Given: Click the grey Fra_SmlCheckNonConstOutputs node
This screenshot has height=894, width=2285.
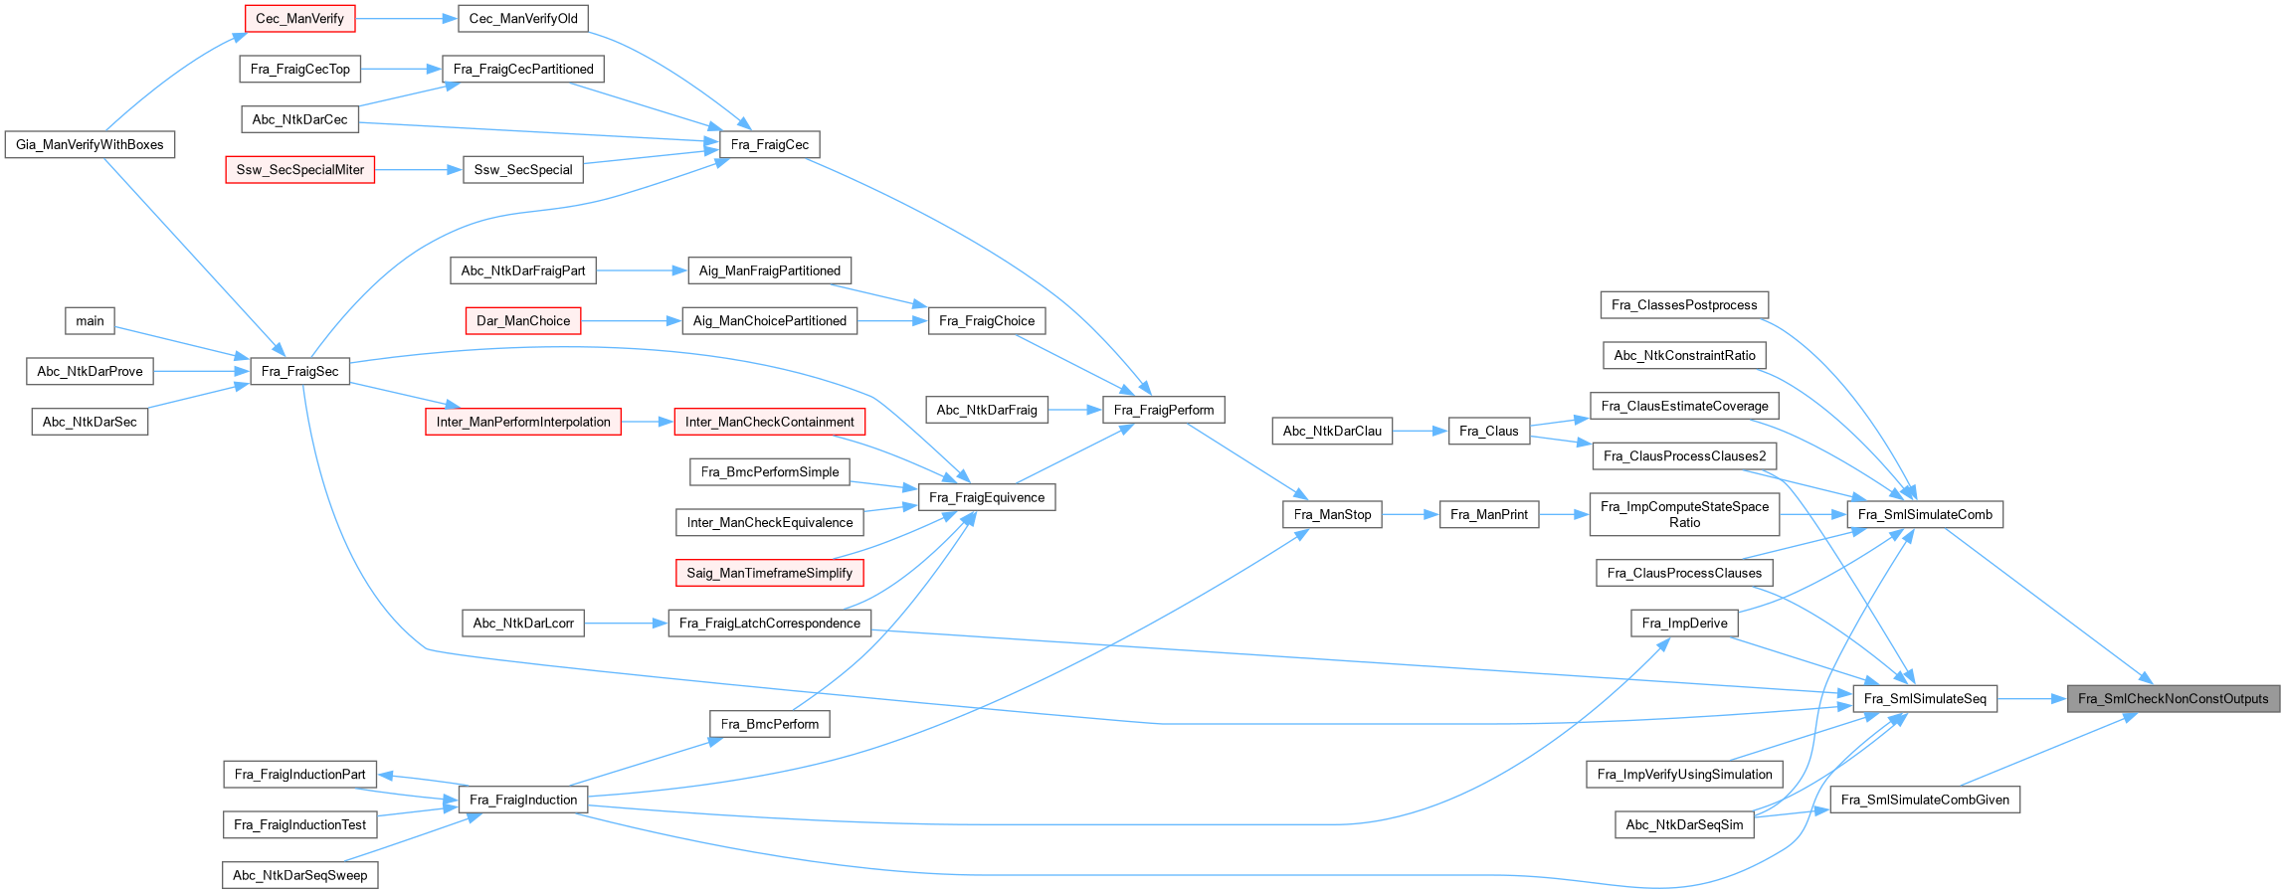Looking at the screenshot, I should tap(2173, 699).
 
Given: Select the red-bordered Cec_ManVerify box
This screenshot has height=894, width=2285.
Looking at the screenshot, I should tap(299, 19).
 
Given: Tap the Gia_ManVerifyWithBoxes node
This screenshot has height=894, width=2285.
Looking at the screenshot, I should tap(90, 145).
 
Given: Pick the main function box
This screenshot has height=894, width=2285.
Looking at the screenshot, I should tap(90, 321).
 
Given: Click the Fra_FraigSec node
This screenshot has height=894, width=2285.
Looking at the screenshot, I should tap(299, 372).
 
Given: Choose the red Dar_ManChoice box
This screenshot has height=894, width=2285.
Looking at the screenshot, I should tap(523, 321).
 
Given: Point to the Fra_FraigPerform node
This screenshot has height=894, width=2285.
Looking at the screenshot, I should tap(1163, 410).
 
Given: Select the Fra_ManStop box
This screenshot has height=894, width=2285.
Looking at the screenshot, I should tap(1332, 515).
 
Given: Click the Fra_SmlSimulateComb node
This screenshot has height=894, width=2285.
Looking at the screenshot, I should tap(1925, 515).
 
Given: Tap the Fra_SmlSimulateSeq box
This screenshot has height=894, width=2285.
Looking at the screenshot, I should tap(1924, 699).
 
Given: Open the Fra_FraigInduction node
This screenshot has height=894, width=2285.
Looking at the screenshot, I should tap(523, 800).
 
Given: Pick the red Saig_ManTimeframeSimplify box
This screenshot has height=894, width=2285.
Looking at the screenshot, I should tap(769, 573).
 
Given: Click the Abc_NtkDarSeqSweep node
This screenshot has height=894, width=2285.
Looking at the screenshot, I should tap(299, 875).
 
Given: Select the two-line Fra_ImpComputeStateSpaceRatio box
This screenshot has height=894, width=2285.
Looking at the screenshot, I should tap(1684, 515).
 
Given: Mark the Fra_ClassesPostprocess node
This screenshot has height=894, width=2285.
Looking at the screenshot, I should tap(1684, 305).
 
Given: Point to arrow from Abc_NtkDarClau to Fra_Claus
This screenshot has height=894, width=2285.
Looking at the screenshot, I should tap(1420, 432).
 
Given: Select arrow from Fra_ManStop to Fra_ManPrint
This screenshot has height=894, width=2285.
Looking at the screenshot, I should tap(1410, 515).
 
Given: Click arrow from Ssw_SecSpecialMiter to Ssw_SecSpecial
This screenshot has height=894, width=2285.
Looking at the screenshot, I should tap(419, 170).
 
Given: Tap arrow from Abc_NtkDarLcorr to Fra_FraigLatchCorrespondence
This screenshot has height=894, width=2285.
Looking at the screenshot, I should tap(626, 624).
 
